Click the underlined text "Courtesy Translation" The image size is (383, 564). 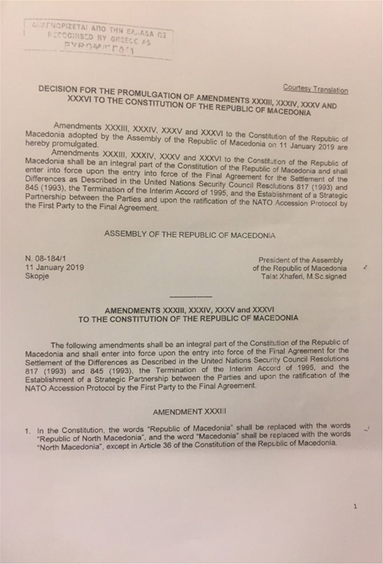[x=315, y=88]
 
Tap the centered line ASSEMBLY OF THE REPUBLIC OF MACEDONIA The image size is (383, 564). [x=190, y=234]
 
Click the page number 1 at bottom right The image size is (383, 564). [x=356, y=506]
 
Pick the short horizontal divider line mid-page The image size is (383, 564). [x=190, y=297]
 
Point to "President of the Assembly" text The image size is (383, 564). [x=300, y=260]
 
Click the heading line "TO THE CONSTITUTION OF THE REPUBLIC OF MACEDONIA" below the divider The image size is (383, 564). [x=188, y=318]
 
